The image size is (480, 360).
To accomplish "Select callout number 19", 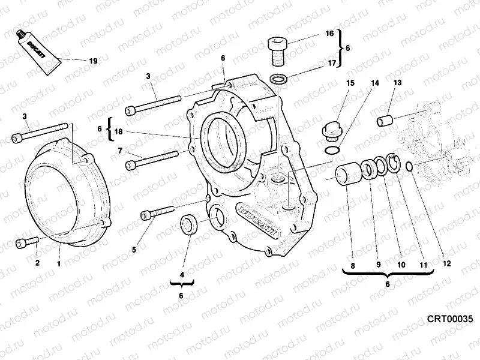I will (x=92, y=61).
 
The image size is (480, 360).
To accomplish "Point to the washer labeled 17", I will (x=278, y=78).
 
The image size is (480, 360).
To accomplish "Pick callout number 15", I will (x=350, y=83).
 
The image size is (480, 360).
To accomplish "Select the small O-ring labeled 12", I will (x=409, y=166).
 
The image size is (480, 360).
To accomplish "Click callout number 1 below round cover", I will (x=59, y=263).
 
